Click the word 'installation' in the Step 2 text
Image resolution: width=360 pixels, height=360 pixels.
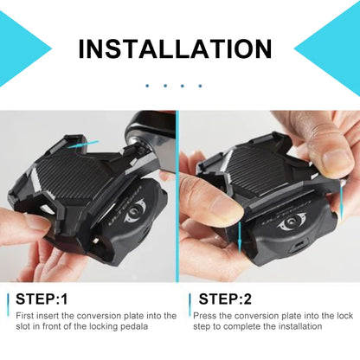(299, 326)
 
